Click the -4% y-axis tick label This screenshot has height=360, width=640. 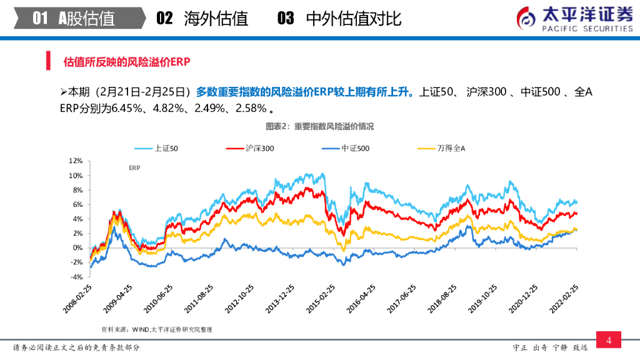(x=76, y=276)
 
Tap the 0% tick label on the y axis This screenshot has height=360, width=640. (x=78, y=247)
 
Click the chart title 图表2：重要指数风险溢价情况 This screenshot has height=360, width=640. (x=319, y=126)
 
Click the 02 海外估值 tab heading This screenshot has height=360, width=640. (x=202, y=19)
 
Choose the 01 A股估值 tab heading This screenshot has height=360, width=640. (x=74, y=19)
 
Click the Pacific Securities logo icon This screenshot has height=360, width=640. (x=526, y=19)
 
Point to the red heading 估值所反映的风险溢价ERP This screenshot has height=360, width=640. (x=127, y=62)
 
